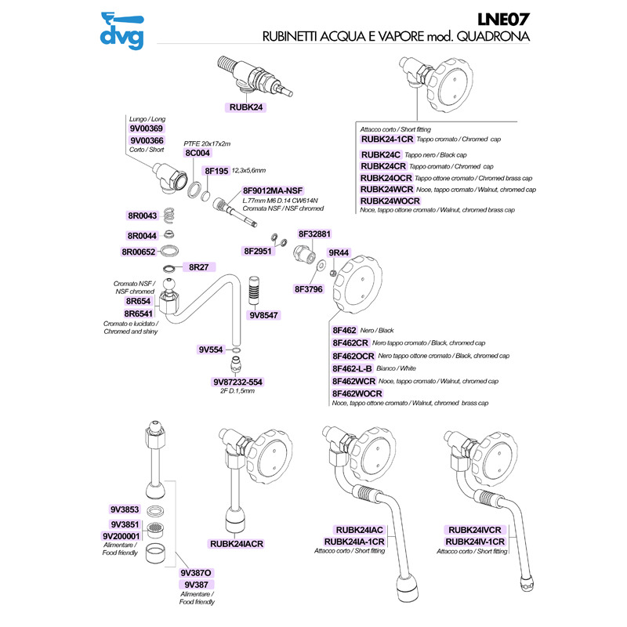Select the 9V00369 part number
tap(145, 129)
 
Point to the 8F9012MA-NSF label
tap(272, 190)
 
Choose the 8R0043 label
tap(142, 216)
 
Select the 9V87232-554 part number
tap(237, 382)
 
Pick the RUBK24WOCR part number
tap(390, 201)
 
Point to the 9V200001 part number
tap(121, 536)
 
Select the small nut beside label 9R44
tap(334, 273)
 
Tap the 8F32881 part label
tap(315, 234)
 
